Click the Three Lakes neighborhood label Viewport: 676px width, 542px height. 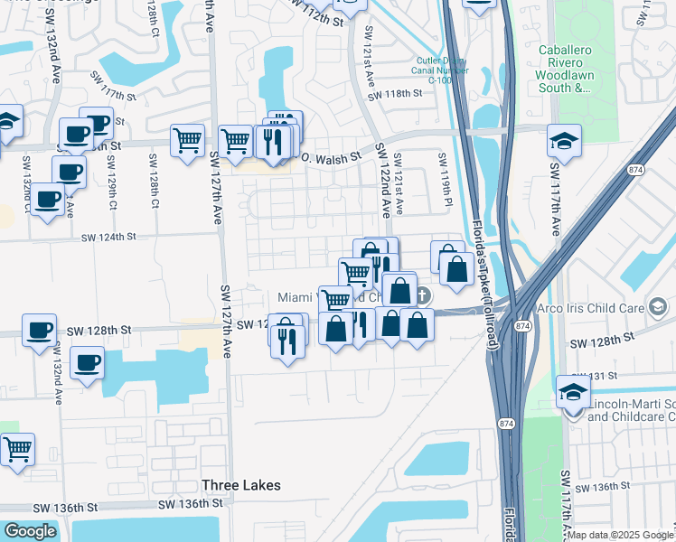(240, 485)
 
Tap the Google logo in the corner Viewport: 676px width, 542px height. (30, 532)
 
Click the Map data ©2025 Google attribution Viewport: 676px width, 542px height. (621, 535)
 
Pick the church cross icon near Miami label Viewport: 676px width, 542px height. (423, 295)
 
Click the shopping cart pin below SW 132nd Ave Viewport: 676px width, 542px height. (17, 448)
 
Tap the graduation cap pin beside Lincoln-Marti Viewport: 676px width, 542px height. (572, 392)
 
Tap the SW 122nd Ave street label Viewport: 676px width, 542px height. (382, 181)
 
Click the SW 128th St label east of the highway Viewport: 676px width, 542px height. (599, 341)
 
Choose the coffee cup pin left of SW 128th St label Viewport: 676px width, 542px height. (39, 331)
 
